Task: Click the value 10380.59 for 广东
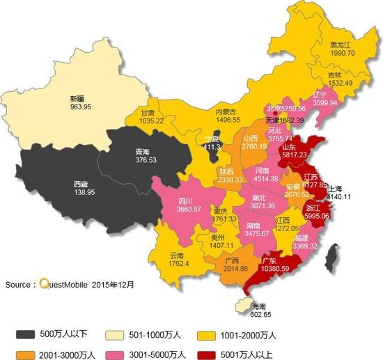[x=280, y=268]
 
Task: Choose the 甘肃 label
[x=148, y=112]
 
